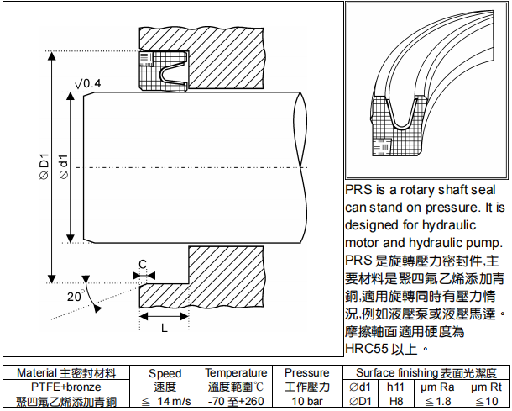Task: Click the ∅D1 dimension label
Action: [44, 166]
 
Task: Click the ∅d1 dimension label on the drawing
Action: [64, 166]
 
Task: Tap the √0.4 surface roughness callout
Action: [88, 84]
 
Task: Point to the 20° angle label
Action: [75, 296]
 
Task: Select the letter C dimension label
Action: [143, 264]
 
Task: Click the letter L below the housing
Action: [165, 328]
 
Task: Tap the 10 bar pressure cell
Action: [307, 401]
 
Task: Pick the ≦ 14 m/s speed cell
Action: [166, 401]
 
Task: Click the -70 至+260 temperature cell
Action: [236, 401]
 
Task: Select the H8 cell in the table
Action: [396, 401]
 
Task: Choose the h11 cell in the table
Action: [395, 387]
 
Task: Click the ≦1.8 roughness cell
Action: [438, 401]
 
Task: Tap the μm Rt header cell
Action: [487, 387]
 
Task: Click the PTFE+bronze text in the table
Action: [66, 387]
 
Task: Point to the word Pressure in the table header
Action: [307, 372]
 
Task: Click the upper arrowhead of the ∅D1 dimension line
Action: [51, 56]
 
